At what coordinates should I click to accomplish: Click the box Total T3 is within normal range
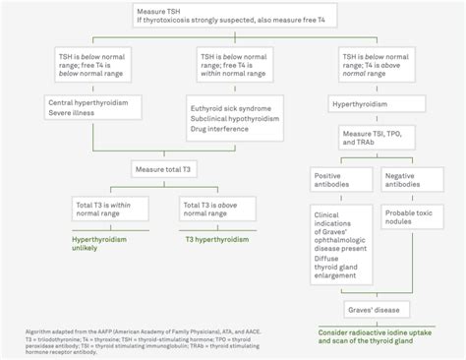[106, 210]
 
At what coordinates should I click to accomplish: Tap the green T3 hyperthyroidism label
[216, 239]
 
